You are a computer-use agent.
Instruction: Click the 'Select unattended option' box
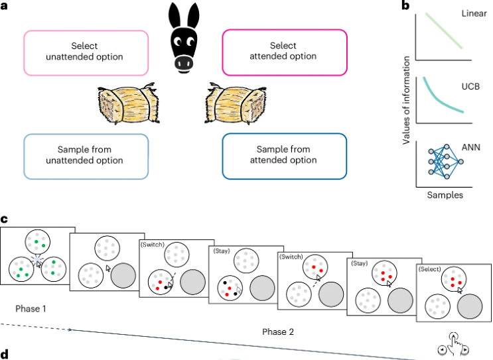[86, 53]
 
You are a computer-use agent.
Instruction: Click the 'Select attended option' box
[285, 52]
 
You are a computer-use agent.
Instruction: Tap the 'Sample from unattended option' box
[86, 156]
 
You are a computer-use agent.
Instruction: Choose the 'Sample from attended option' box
[285, 156]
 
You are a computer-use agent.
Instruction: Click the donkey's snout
[184, 62]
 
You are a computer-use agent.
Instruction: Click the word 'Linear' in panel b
[474, 13]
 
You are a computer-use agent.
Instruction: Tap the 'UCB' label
[470, 86]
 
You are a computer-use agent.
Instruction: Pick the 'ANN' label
[470, 147]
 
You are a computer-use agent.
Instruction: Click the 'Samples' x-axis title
[445, 195]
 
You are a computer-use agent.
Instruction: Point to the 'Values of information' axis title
[406, 100]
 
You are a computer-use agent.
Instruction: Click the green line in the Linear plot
[444, 30]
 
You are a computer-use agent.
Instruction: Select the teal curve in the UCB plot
[438, 100]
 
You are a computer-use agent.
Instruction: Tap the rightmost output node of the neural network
[460, 162]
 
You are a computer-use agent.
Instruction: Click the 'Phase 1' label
[31, 309]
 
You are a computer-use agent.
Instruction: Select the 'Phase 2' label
[278, 332]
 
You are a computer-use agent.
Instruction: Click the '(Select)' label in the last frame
[430, 269]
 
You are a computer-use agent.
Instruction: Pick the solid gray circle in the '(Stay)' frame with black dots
[262, 288]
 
